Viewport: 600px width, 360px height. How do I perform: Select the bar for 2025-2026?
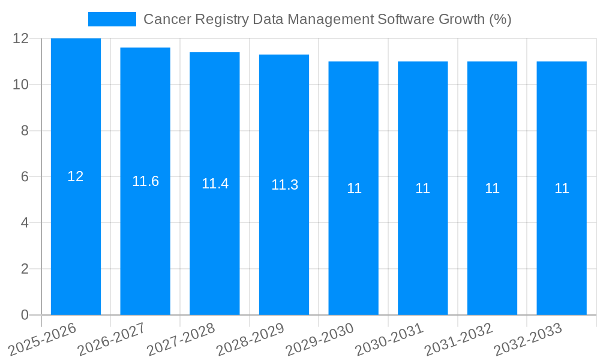pyautogui.click(x=76, y=240)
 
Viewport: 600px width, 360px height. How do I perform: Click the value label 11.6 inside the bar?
pyautogui.click(x=145, y=181)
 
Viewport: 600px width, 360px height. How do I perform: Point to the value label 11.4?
pyautogui.click(x=215, y=184)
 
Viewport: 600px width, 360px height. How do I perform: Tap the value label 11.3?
pyautogui.click(x=284, y=185)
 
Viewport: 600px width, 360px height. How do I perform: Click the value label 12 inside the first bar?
pyautogui.click(x=76, y=176)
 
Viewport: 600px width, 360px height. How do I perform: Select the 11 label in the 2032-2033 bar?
pyautogui.click(x=562, y=188)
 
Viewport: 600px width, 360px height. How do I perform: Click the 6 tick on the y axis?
pyautogui.click(x=25, y=177)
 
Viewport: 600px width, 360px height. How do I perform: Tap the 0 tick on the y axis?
pyautogui.click(x=25, y=315)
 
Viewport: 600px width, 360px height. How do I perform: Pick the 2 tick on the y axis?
pyautogui.click(x=25, y=269)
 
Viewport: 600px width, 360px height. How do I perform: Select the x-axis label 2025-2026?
pyautogui.click(x=43, y=339)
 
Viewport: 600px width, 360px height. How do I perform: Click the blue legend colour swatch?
pyautogui.click(x=112, y=19)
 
